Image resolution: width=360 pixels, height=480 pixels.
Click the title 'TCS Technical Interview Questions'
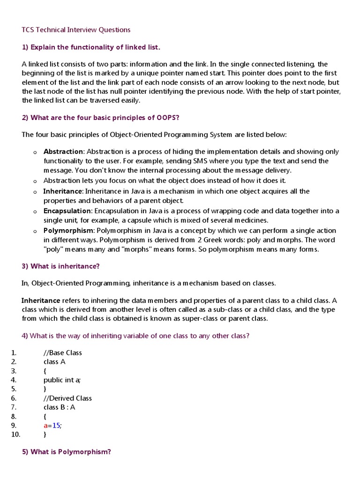point(76,30)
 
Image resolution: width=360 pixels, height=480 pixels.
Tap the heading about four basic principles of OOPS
point(101,118)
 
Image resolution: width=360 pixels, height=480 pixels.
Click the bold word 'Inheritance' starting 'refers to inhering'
point(41,300)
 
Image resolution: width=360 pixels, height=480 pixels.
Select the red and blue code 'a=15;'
point(52,425)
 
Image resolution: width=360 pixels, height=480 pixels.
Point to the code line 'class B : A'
point(59,407)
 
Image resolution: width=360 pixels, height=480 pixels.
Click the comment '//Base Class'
point(62,352)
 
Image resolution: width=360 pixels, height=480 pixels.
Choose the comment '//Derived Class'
point(67,398)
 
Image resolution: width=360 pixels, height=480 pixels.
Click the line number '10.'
point(16,435)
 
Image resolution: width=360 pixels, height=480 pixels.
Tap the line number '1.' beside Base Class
point(14,352)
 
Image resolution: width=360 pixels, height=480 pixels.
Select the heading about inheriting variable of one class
point(135,336)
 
